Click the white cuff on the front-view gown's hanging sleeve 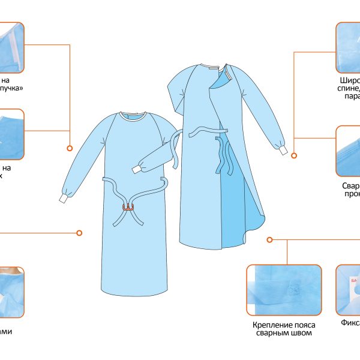(x=63, y=196)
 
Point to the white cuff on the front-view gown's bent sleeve (x=135, y=170)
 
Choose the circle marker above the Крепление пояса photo (x=270, y=239)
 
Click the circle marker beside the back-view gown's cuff (x=295, y=155)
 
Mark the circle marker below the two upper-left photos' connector (x=70, y=148)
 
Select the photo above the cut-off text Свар (x=348, y=151)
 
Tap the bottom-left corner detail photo (x=12, y=292)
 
